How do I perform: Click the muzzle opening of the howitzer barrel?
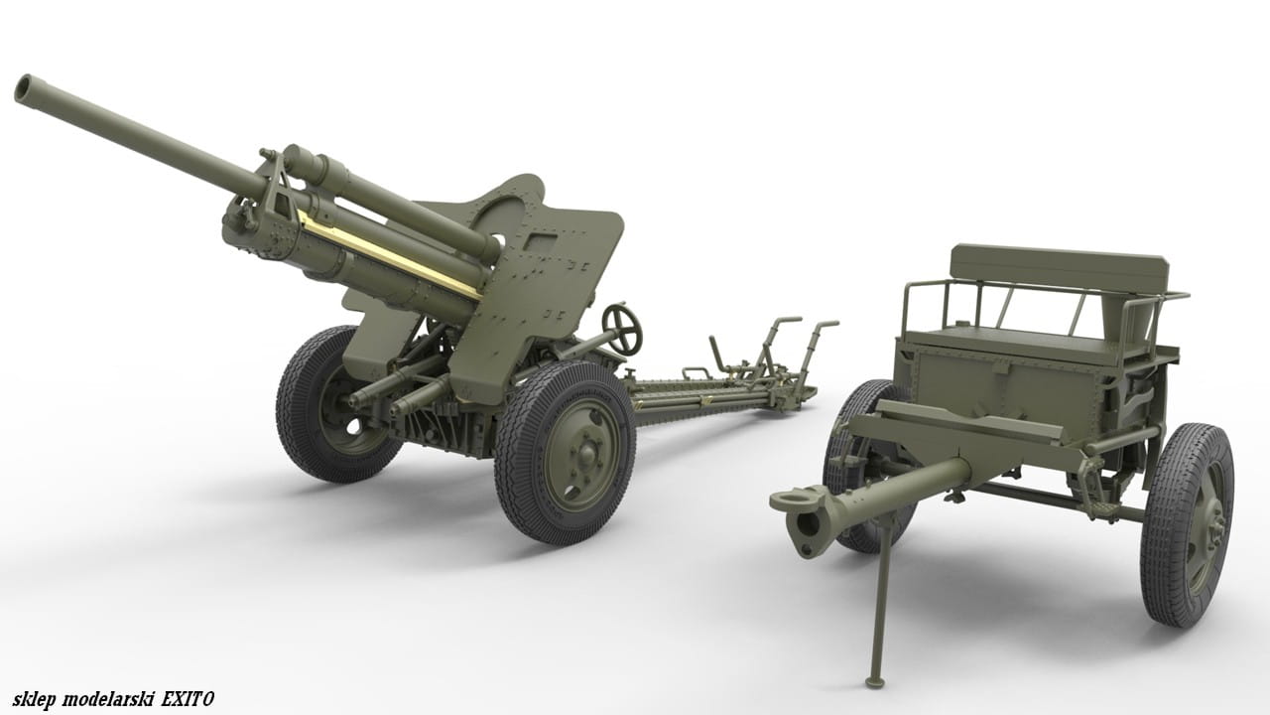(25, 89)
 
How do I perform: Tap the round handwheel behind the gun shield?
(622, 329)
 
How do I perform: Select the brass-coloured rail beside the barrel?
(389, 253)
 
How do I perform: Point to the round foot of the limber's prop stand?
(876, 681)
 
